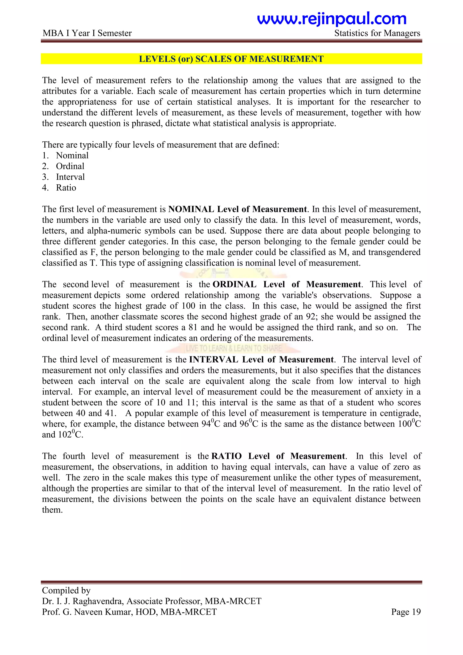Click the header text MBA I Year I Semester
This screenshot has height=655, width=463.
(87, 33)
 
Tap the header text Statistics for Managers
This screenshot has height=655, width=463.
(377, 33)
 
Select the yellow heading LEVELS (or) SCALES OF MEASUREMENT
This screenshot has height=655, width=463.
(231, 59)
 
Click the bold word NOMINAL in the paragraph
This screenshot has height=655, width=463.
(191, 209)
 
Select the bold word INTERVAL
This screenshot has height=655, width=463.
(214, 359)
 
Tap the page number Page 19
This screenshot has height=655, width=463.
(406, 612)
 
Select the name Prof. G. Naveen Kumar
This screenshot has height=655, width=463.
(88, 612)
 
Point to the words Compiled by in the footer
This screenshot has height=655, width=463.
(66, 590)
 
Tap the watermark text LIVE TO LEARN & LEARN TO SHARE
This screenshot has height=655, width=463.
(234, 348)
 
